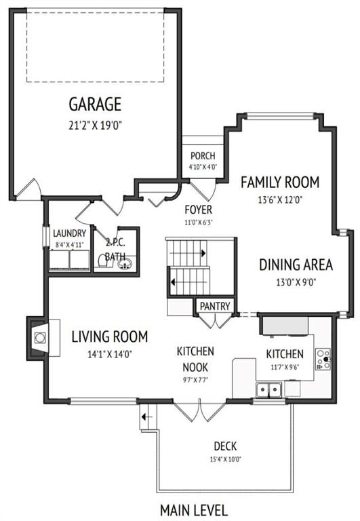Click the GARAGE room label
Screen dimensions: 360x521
95,104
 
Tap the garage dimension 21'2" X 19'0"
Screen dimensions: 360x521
96,126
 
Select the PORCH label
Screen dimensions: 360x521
203,155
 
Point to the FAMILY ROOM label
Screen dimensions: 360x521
280,182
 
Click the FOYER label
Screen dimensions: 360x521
198,210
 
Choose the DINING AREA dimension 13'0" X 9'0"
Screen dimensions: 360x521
296,282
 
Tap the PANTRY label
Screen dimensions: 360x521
215,306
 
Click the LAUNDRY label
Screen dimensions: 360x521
69,233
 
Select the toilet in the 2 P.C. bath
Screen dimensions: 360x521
104,261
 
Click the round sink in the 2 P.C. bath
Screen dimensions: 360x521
125,264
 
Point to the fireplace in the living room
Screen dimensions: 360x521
39,339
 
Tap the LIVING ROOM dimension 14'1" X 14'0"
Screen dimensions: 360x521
110,355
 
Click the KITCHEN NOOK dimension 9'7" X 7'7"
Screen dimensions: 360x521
195,380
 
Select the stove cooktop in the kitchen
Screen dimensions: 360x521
323,359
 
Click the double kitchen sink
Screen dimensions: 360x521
268,389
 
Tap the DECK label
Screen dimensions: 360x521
225,446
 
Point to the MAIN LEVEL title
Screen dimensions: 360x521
194,510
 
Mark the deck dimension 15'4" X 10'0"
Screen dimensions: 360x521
225,460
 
